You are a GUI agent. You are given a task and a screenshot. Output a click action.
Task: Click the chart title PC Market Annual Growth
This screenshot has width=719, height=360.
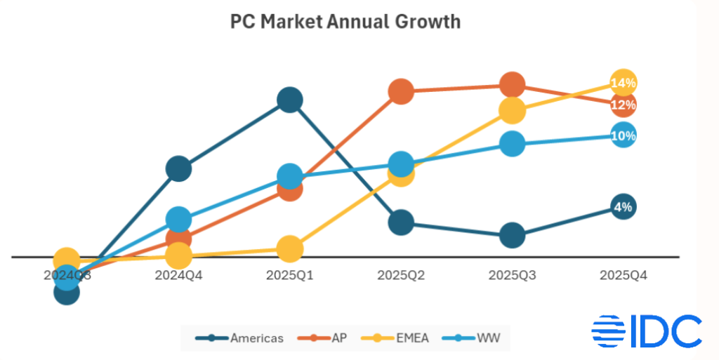coord(345,22)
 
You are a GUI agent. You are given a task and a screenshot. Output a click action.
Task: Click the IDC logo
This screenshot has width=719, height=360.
coord(647,331)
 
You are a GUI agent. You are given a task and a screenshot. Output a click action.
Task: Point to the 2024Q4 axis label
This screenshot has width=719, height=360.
coord(178,276)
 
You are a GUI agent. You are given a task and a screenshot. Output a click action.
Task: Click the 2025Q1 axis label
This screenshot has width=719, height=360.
coord(289,276)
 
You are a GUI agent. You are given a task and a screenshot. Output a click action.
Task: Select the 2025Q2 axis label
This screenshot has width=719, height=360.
coord(401,276)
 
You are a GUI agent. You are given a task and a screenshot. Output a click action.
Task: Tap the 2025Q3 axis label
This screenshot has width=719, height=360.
coord(512,276)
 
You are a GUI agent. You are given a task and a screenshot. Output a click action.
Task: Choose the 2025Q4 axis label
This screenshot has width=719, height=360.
coord(624,276)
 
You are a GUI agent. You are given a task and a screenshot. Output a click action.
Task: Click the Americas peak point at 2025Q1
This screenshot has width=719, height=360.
coord(289,100)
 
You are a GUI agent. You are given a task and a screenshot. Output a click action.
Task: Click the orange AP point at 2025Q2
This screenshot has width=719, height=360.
coord(401,91)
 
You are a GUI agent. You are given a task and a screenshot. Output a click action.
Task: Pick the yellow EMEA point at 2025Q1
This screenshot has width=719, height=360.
coord(289,248)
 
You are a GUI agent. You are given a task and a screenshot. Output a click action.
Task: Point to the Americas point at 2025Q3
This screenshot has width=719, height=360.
coord(512,236)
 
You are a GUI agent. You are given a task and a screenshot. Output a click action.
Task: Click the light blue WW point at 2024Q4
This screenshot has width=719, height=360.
coord(178,220)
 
